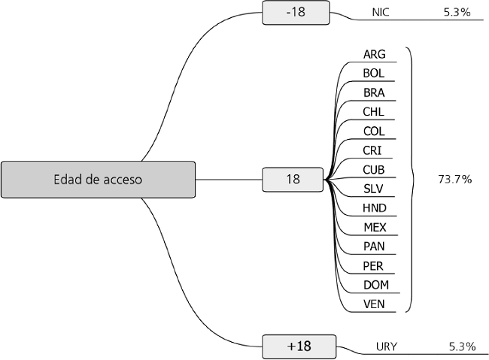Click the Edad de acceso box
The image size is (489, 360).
pyautogui.click(x=98, y=180)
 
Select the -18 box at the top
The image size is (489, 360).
pyautogui.click(x=296, y=13)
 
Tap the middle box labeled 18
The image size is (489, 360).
pyautogui.click(x=293, y=180)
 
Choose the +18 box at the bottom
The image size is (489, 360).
pyautogui.click(x=298, y=346)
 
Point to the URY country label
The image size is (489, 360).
pyautogui.click(x=387, y=346)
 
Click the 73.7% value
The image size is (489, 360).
pyautogui.click(x=454, y=179)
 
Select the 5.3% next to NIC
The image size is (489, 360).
pyautogui.click(x=457, y=13)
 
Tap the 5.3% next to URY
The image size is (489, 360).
pyautogui.click(x=462, y=346)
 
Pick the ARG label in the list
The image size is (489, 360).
pyautogui.click(x=374, y=54)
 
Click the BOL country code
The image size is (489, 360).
pyautogui.click(x=374, y=74)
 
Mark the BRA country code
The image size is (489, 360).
pyautogui.click(x=374, y=92)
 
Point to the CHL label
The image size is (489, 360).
pyautogui.click(x=374, y=112)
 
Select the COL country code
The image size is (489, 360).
pyautogui.click(x=374, y=131)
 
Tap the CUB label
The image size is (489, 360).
pyautogui.click(x=374, y=169)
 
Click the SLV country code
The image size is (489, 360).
pyautogui.click(x=374, y=188)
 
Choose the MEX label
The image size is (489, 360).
pyautogui.click(x=374, y=226)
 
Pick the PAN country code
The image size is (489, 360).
pyautogui.click(x=374, y=246)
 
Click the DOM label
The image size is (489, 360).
pyautogui.click(x=374, y=284)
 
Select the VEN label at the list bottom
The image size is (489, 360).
pyautogui.click(x=374, y=304)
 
